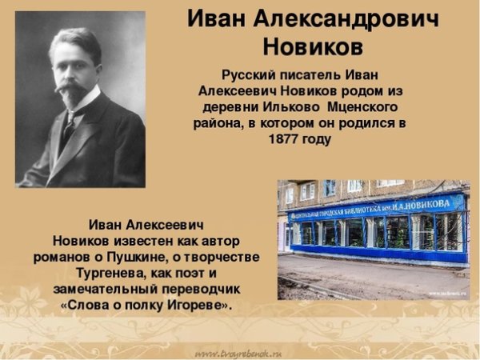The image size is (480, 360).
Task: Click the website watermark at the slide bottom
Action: click(239, 351)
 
